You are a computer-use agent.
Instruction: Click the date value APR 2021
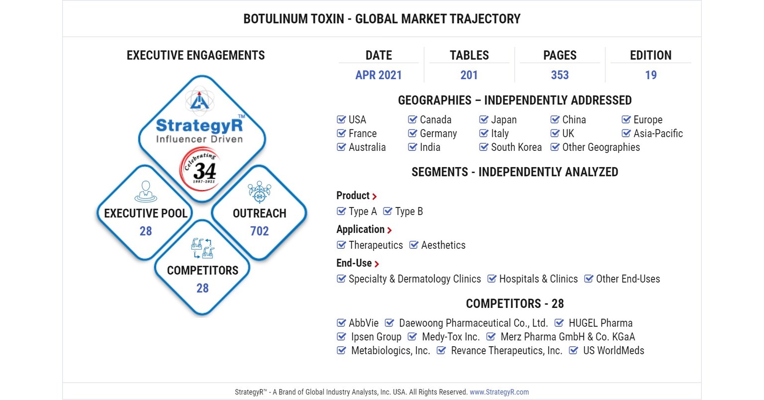(x=379, y=75)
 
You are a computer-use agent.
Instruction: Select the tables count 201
(x=469, y=75)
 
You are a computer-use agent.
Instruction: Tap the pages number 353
(x=560, y=75)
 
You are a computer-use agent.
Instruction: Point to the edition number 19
(x=651, y=75)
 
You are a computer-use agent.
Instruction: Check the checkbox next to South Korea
(x=483, y=147)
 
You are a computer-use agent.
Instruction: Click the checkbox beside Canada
(x=412, y=119)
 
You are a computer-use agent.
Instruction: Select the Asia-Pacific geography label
(x=658, y=133)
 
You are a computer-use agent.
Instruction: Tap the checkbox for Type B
(x=387, y=211)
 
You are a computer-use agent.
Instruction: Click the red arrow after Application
(x=389, y=230)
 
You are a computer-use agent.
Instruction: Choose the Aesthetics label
(x=443, y=245)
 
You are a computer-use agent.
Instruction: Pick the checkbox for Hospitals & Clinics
(x=491, y=279)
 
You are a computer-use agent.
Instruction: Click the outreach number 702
(x=259, y=231)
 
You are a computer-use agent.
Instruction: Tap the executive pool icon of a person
(x=146, y=192)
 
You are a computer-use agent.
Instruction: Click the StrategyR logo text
(x=199, y=125)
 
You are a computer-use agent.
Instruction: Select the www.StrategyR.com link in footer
(x=499, y=392)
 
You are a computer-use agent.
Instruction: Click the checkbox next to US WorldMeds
(x=573, y=351)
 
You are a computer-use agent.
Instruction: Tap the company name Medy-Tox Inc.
(x=451, y=337)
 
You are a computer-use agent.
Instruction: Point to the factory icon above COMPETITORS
(x=202, y=248)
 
